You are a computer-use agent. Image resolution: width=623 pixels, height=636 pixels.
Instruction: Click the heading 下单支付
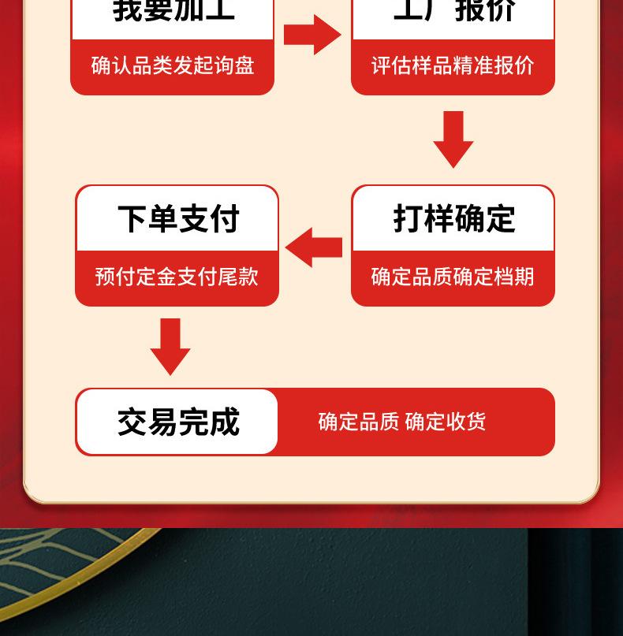(x=178, y=219)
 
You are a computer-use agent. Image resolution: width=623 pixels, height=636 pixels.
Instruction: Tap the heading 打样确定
(x=453, y=219)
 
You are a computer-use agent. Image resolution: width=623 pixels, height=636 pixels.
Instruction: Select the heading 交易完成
(x=178, y=422)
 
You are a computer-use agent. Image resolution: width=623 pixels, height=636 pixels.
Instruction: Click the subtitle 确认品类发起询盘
(x=173, y=65)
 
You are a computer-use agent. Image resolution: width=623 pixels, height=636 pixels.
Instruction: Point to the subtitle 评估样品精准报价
(x=453, y=65)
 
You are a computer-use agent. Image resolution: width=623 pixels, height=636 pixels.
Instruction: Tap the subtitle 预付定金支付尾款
(x=177, y=277)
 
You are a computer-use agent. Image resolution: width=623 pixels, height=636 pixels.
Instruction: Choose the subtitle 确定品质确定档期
(x=453, y=277)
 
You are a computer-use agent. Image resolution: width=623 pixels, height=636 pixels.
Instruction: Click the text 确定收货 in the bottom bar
(x=446, y=422)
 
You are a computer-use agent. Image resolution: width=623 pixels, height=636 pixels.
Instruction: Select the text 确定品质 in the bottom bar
(x=359, y=422)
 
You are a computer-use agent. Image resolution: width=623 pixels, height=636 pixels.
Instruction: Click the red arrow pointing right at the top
(x=312, y=35)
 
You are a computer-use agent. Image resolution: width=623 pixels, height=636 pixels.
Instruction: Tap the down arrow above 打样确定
(x=453, y=139)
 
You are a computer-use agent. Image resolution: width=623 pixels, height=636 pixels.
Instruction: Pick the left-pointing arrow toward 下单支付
(x=313, y=247)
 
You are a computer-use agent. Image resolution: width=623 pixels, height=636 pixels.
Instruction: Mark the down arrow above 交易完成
(x=170, y=346)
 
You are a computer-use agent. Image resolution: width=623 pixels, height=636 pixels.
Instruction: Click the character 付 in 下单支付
(x=225, y=219)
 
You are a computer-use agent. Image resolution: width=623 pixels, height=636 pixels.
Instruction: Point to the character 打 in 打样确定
(x=408, y=219)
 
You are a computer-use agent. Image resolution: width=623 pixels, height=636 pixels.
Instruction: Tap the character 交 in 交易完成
(x=132, y=422)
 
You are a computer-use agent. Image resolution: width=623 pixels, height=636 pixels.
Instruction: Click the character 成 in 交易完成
(x=225, y=422)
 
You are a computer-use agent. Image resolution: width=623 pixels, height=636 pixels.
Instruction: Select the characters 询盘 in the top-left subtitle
(x=234, y=65)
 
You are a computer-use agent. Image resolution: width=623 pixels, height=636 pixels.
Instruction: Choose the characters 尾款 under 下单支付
(x=238, y=277)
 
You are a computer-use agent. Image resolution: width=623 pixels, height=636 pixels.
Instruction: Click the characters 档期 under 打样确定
(x=514, y=277)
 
